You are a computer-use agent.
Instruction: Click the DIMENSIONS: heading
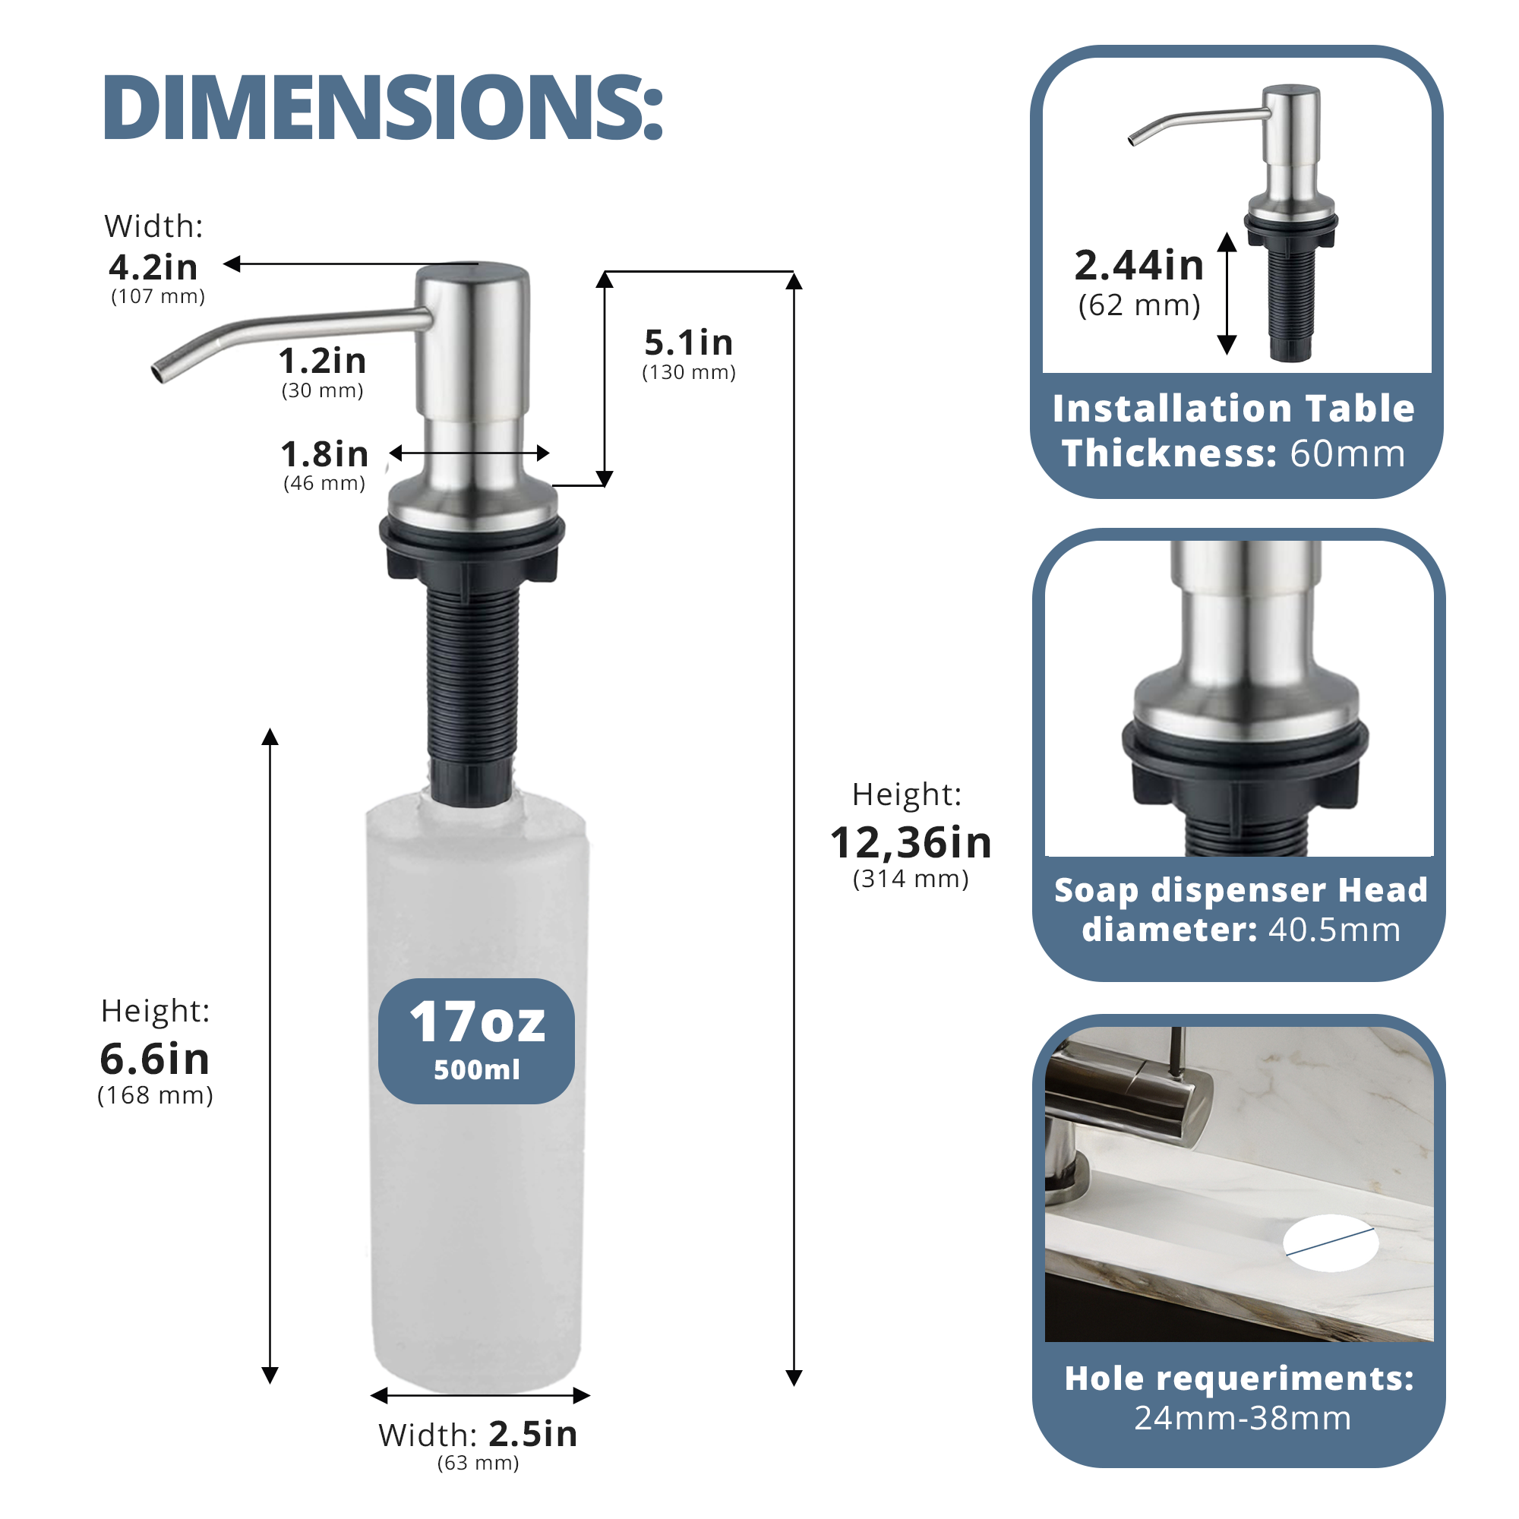coord(383,108)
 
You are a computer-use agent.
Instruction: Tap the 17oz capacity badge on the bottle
coord(476,1041)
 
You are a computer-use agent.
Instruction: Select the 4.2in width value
coord(153,267)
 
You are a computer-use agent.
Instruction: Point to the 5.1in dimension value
coord(689,343)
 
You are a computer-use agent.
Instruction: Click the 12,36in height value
coord(911,843)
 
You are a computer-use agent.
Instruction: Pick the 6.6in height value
coord(155,1058)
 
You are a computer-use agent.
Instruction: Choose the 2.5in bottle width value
coord(533,1434)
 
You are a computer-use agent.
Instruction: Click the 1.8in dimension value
coord(325,454)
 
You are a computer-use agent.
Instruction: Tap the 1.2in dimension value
coord(322,361)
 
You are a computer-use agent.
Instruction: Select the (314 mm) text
coord(911,879)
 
